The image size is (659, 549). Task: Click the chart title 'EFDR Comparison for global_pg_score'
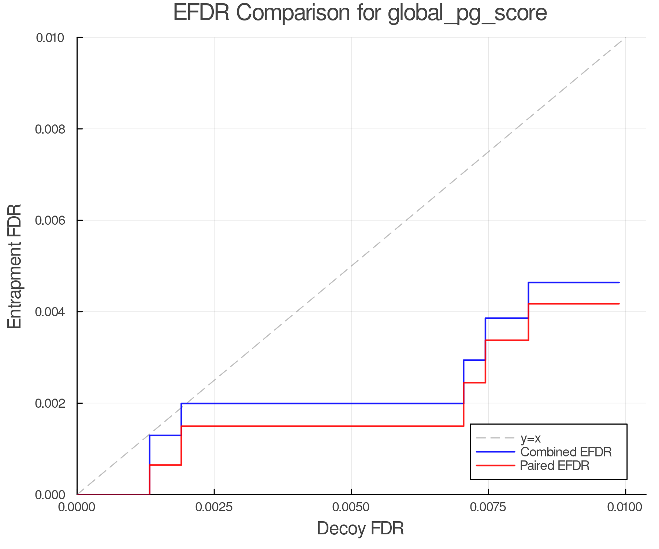pyautogui.click(x=360, y=13)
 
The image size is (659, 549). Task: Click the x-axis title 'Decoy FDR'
pyautogui.click(x=360, y=529)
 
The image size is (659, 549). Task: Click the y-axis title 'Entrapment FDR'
pyautogui.click(x=15, y=266)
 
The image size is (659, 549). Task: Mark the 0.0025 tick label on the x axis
pyautogui.click(x=214, y=507)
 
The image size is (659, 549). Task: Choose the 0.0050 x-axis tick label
pyautogui.click(x=351, y=507)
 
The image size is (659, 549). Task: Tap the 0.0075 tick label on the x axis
pyautogui.click(x=488, y=507)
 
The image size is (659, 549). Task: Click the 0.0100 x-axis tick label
pyautogui.click(x=625, y=507)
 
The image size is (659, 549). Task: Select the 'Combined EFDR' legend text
pyautogui.click(x=566, y=452)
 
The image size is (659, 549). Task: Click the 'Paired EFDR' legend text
pyautogui.click(x=555, y=466)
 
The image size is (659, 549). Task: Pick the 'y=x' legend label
pyautogui.click(x=530, y=438)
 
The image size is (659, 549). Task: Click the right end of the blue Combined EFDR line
pyautogui.click(x=619, y=283)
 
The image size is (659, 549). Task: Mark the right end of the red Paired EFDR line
pyautogui.click(x=619, y=304)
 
